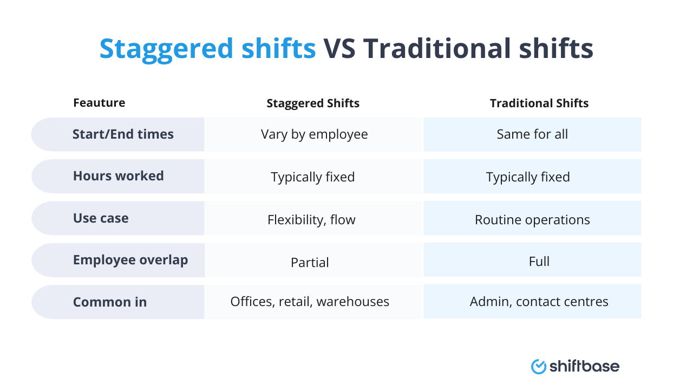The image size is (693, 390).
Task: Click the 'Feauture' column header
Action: click(x=99, y=103)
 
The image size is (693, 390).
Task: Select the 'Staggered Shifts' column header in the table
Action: click(x=313, y=103)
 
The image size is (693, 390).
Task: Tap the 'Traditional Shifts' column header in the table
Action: click(x=539, y=103)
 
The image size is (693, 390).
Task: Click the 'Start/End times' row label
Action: click(x=123, y=134)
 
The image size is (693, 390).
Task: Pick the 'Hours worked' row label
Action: click(x=118, y=176)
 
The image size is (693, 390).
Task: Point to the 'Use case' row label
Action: click(x=101, y=218)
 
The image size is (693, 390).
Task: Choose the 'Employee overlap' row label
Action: click(x=130, y=260)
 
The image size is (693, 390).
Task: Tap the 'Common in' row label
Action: click(x=110, y=302)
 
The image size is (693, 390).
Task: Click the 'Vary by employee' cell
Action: click(x=314, y=134)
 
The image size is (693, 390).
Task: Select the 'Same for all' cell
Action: click(x=532, y=134)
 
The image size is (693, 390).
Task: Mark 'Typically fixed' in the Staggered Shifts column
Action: click(x=313, y=177)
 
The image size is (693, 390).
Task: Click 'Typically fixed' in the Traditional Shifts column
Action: click(x=528, y=177)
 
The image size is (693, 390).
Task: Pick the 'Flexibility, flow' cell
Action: click(x=311, y=219)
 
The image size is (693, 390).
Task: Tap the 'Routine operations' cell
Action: click(x=532, y=219)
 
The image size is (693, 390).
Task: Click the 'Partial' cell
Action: click(x=310, y=262)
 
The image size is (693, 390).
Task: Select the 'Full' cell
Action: click(x=539, y=261)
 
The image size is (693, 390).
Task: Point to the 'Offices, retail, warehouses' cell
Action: click(x=310, y=302)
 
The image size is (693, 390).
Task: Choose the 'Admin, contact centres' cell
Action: click(x=539, y=302)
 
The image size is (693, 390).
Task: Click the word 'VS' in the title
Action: click(x=339, y=49)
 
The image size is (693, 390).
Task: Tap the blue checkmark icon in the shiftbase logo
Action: click(x=539, y=367)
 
